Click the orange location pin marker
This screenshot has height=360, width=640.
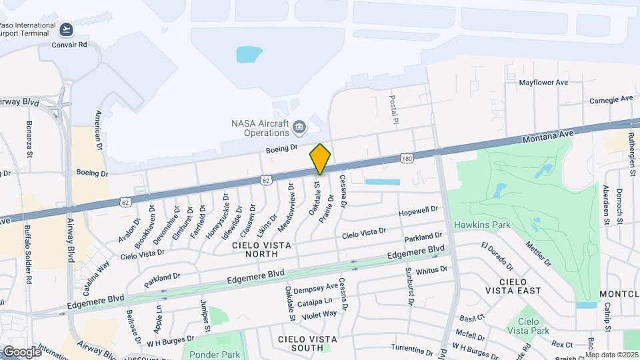(x=320, y=159)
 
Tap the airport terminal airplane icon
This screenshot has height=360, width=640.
(x=66, y=30)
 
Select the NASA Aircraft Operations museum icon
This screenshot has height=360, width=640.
(x=299, y=126)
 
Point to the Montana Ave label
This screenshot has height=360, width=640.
(x=548, y=134)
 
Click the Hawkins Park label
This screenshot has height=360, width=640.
(x=482, y=225)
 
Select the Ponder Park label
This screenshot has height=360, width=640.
(x=213, y=354)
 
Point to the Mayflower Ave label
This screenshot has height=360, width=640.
(x=543, y=83)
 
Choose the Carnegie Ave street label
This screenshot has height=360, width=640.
(x=611, y=100)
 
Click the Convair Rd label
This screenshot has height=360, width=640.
(x=69, y=45)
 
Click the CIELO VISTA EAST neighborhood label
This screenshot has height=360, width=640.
(x=519, y=286)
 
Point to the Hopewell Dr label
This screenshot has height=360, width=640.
(x=417, y=211)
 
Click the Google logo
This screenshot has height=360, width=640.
(x=21, y=351)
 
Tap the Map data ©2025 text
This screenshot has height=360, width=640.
(x=612, y=355)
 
